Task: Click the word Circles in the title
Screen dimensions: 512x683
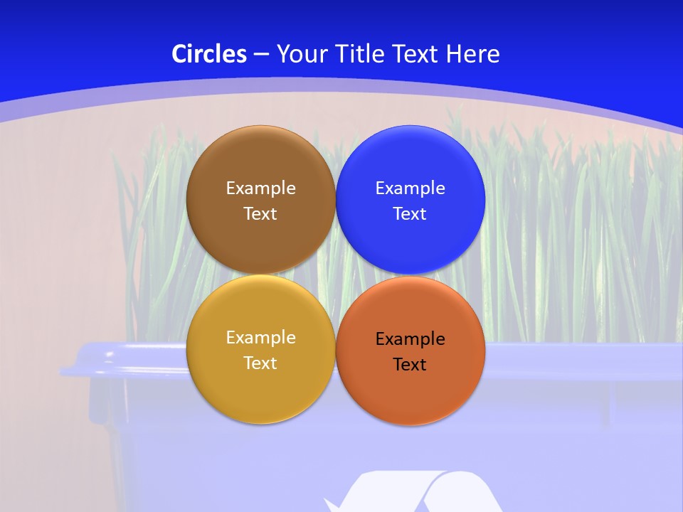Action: pyautogui.click(x=209, y=54)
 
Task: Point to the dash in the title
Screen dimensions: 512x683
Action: pyautogui.click(x=261, y=55)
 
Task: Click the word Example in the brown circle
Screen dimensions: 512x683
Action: pyautogui.click(x=260, y=188)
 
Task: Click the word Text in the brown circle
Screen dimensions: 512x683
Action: pyautogui.click(x=260, y=214)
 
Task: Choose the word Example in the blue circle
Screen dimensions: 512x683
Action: pyautogui.click(x=410, y=188)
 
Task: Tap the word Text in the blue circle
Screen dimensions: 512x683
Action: pyautogui.click(x=410, y=214)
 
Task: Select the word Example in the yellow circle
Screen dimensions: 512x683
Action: pyautogui.click(x=260, y=338)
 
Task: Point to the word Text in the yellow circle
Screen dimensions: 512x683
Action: pyautogui.click(x=260, y=363)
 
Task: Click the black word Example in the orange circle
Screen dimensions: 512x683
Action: pyautogui.click(x=410, y=339)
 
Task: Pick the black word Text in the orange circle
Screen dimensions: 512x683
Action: pyautogui.click(x=410, y=365)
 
